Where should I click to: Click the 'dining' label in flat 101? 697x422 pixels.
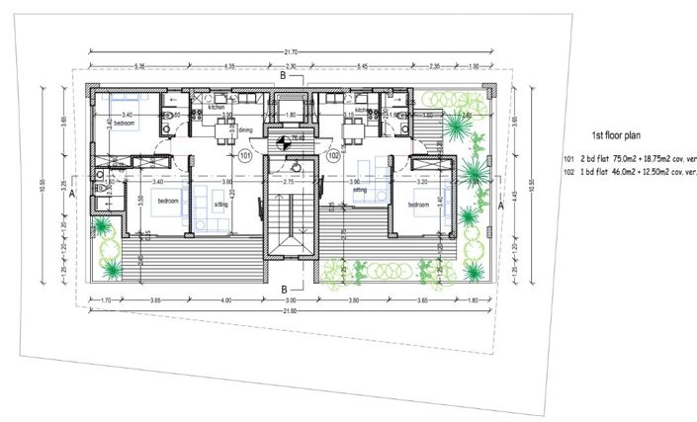[246, 129]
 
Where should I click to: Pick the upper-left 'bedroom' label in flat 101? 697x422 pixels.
[123, 124]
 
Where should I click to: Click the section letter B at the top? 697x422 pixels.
[282, 75]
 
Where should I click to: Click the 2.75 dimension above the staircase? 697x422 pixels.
[289, 183]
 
